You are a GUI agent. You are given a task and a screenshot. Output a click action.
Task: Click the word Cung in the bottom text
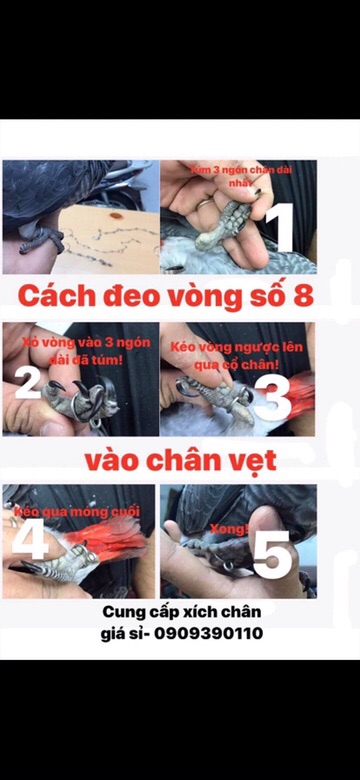pos(123,612)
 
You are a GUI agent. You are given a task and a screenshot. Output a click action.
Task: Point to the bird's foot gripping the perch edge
pos(38,240)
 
